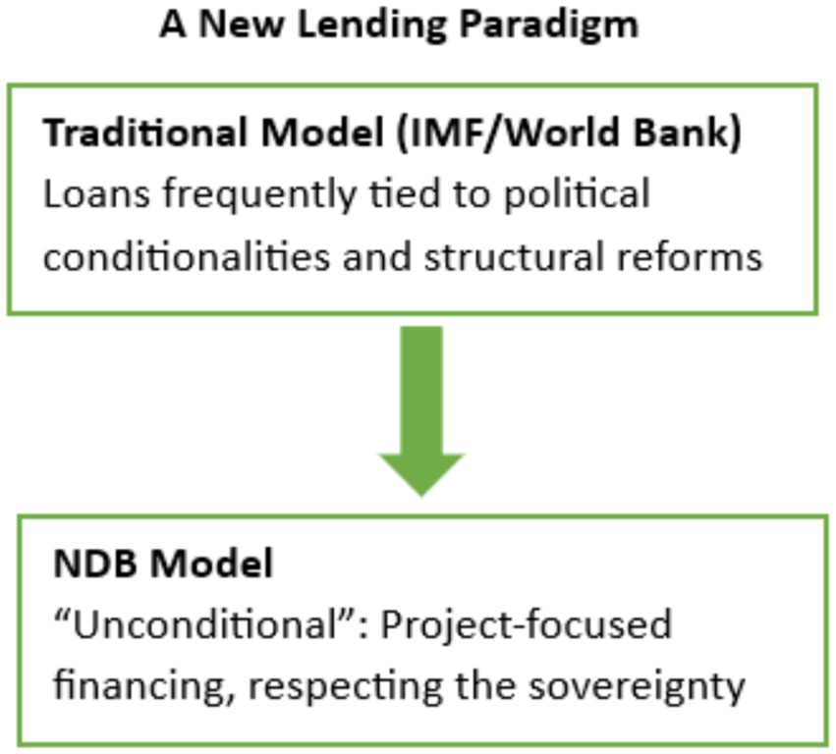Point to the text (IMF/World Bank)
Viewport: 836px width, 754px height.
[569, 134]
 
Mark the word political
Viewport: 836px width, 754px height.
[577, 194]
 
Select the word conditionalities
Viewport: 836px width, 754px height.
[186, 257]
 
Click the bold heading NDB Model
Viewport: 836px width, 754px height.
[163, 564]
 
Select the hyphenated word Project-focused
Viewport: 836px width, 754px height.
[527, 626]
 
